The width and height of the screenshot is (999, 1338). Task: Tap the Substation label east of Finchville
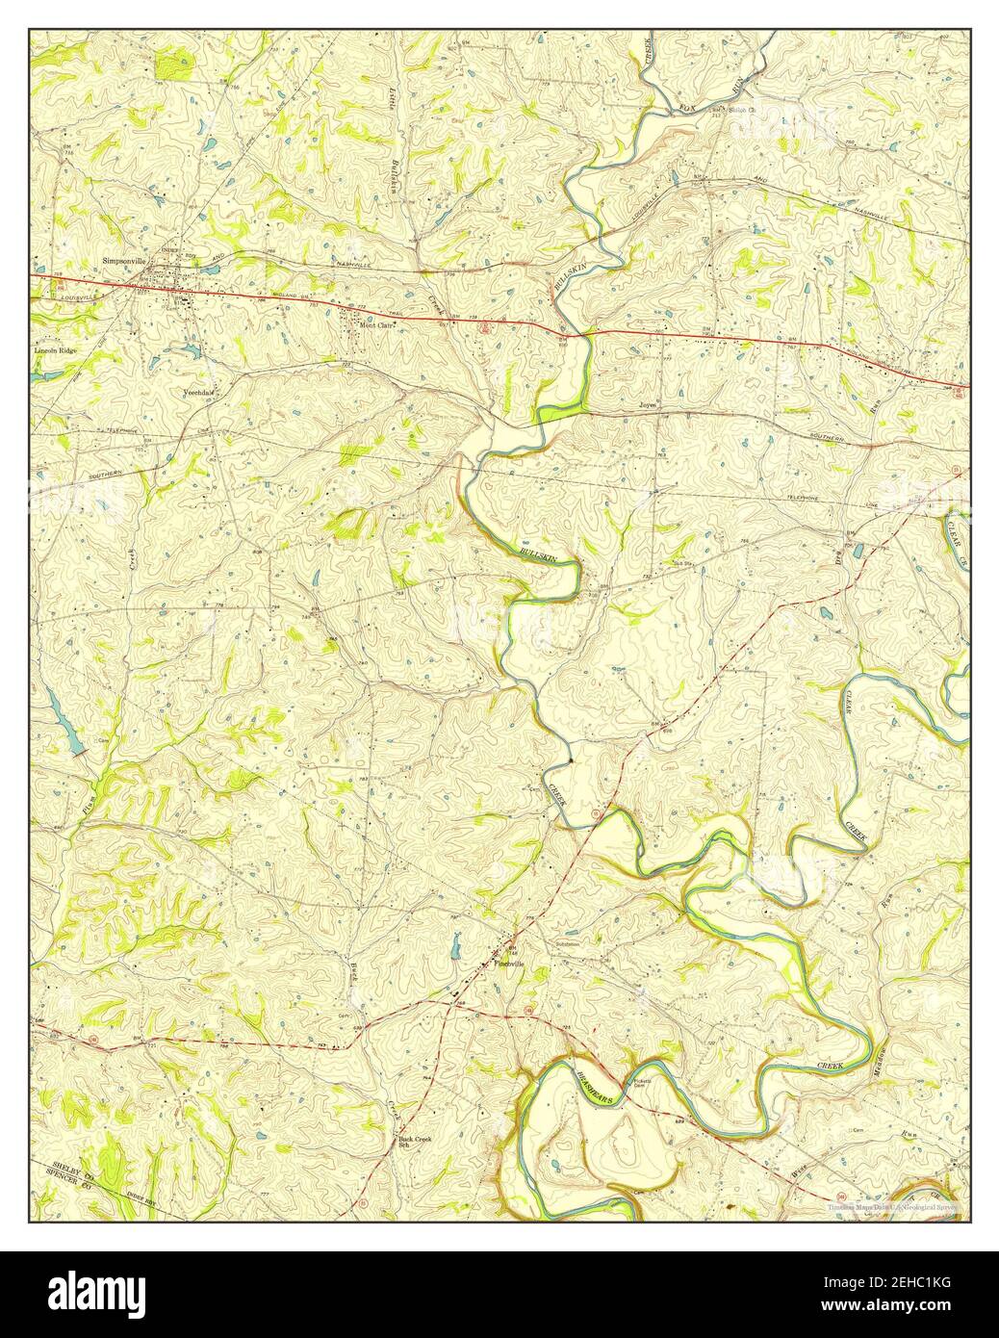click(568, 944)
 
